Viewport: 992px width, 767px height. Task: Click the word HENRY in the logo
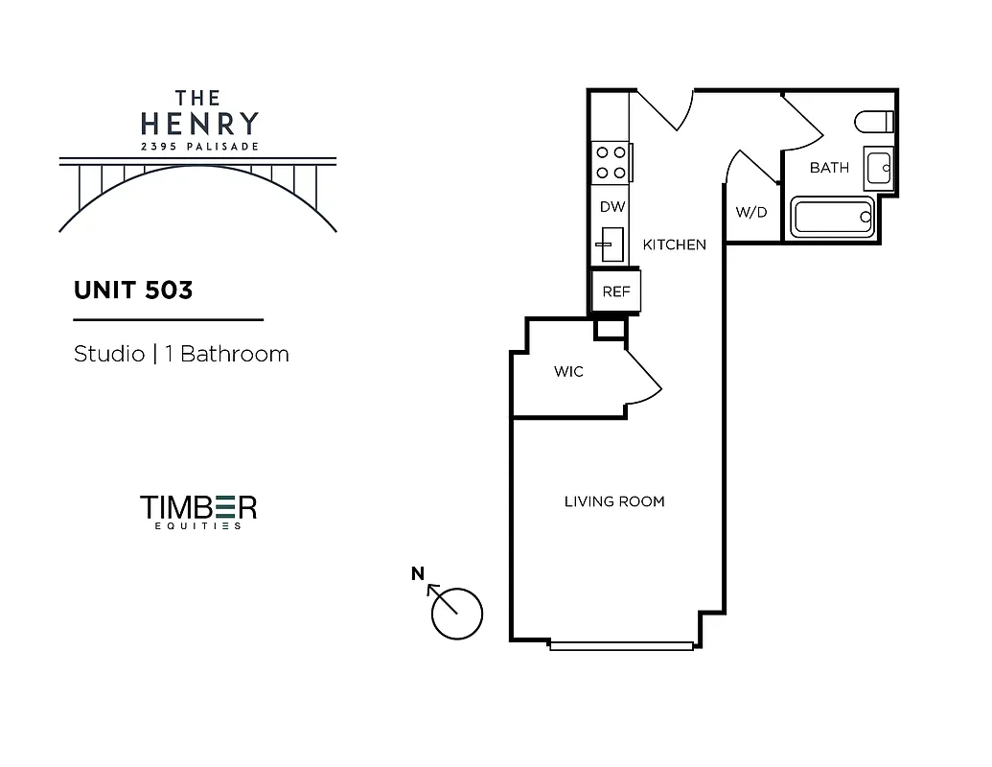199,124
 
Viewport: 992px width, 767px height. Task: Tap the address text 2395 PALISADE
199,147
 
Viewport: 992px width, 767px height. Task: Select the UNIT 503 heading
133,291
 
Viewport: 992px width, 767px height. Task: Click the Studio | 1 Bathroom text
181,354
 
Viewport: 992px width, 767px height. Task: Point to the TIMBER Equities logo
198,511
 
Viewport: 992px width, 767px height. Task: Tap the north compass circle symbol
457,613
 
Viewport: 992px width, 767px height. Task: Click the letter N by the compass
417,574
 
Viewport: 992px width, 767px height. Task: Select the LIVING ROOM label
614,501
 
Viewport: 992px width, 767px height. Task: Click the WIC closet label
568,372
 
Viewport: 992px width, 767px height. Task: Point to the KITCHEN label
674,244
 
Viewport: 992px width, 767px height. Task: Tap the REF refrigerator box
615,291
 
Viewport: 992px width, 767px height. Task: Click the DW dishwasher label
611,207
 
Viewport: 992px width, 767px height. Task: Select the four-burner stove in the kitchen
611,162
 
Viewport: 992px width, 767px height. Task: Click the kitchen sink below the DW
607,245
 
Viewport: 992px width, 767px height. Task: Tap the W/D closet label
751,213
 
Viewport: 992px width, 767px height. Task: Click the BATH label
829,168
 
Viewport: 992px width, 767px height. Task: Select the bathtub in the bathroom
833,218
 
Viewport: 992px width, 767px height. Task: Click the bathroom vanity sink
879,168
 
